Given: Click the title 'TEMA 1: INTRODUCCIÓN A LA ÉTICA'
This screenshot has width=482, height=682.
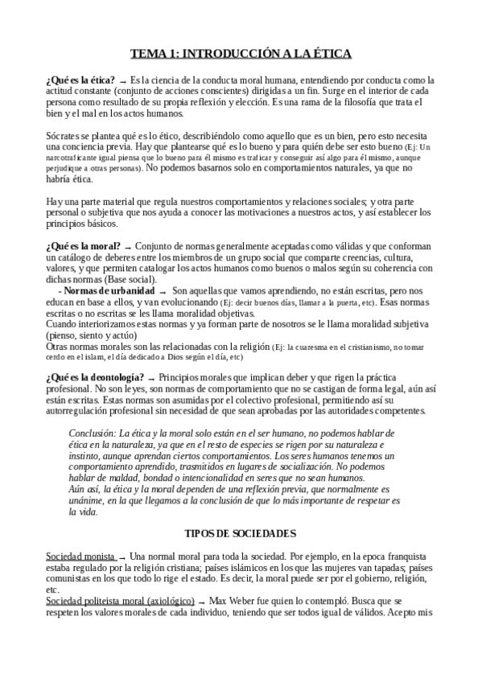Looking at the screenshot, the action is coord(241,53).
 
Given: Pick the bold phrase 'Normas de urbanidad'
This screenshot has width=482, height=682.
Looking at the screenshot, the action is coord(109,290).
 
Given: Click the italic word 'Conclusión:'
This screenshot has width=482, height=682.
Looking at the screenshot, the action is coord(93,433).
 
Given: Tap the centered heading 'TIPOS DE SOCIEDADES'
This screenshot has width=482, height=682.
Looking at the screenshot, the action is coord(241,510).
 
